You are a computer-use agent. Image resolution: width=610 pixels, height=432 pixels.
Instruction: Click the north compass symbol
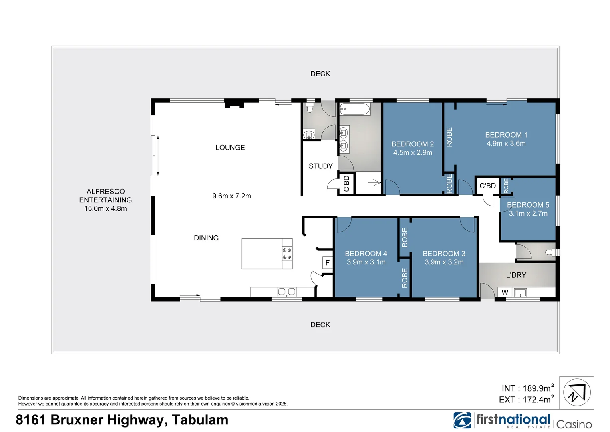click(x=576, y=393)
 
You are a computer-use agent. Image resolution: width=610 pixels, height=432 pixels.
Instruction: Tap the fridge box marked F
click(x=328, y=263)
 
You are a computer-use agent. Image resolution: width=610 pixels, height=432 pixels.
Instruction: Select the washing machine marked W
click(x=505, y=292)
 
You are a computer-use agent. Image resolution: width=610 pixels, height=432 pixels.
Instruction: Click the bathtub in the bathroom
click(x=355, y=109)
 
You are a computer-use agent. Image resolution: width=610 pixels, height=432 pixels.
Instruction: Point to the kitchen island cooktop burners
click(x=287, y=254)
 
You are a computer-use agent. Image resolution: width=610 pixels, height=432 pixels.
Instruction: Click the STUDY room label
click(x=320, y=166)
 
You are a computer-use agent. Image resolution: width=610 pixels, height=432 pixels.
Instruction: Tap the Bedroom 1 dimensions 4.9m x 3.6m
click(x=506, y=144)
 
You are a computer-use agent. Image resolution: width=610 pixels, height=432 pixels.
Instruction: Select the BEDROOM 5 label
click(x=528, y=205)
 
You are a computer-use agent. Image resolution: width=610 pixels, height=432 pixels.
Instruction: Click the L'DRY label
click(x=516, y=275)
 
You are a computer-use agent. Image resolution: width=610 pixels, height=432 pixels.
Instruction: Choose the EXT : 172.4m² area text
click(x=526, y=400)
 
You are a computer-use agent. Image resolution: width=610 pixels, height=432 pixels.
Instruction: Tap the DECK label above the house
click(x=320, y=74)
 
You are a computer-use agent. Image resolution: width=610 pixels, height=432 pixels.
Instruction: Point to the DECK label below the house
click(x=320, y=325)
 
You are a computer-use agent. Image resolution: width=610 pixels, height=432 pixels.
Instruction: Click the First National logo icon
click(x=462, y=420)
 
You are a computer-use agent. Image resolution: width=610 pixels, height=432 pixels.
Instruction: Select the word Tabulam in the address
click(x=200, y=420)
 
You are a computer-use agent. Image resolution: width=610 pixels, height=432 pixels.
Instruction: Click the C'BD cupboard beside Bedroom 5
click(x=487, y=186)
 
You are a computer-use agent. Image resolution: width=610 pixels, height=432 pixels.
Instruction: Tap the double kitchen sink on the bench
click(x=286, y=292)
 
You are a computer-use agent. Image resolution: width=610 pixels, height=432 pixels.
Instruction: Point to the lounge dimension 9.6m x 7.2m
click(x=232, y=196)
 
